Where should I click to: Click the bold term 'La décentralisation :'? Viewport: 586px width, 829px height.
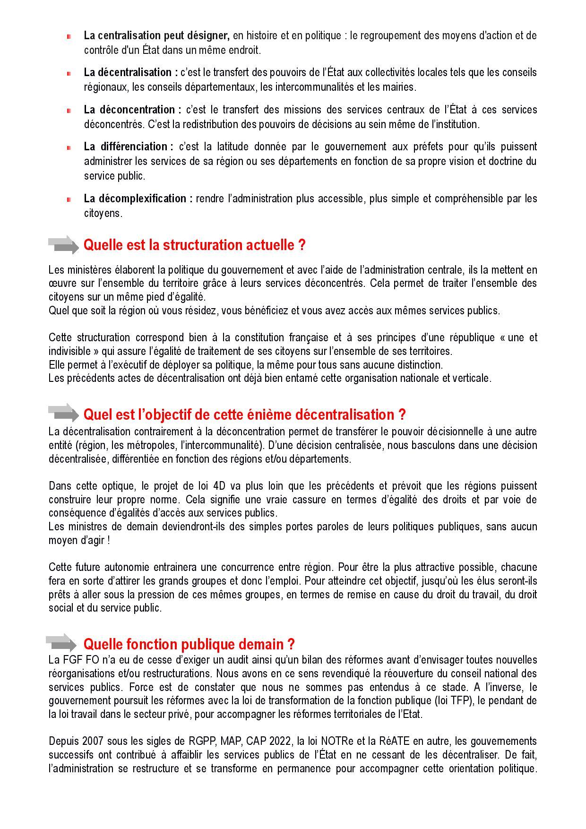pos(131,72)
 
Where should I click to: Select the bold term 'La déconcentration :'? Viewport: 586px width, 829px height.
pos(133,110)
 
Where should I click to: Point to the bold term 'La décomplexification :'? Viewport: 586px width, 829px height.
pos(138,199)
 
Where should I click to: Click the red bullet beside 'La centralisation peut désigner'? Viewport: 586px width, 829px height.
pos(69,36)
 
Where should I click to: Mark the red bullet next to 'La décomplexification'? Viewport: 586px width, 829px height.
pos(69,199)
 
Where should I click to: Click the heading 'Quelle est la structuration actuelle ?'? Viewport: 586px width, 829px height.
pos(194,245)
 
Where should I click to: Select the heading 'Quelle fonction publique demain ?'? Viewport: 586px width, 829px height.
pos(189,644)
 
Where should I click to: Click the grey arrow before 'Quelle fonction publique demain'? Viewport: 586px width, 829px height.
pos(61,643)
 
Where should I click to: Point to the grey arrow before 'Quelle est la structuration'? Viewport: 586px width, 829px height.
pos(63,245)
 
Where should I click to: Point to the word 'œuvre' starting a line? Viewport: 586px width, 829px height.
pos(61,284)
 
